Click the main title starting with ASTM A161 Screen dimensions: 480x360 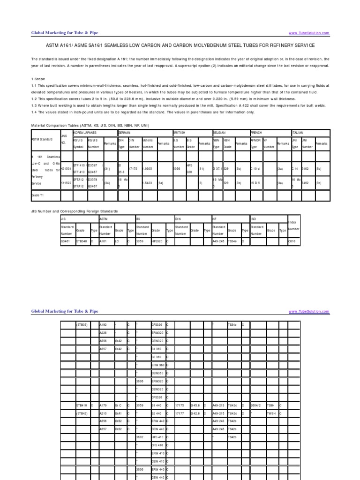pyautogui.click(x=180, y=45)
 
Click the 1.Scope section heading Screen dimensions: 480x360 pyautogui.click(x=38, y=80)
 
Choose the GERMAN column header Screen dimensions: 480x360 pyautogui.click(x=126, y=133)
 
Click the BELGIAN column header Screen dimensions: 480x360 pyautogui.click(x=220, y=133)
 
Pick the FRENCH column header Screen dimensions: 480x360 pyautogui.click(x=257, y=133)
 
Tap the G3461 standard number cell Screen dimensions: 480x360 pyautogui.click(x=66, y=241)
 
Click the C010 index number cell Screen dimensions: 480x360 pyautogui.click(x=292, y=241)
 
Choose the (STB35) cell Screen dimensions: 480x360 pyautogui.click(x=82, y=324)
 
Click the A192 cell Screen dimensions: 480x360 pyautogui.click(x=104, y=324)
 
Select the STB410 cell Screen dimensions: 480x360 pyautogui.click(x=82, y=404)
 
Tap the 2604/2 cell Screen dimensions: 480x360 pyautogui.click(x=256, y=404)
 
